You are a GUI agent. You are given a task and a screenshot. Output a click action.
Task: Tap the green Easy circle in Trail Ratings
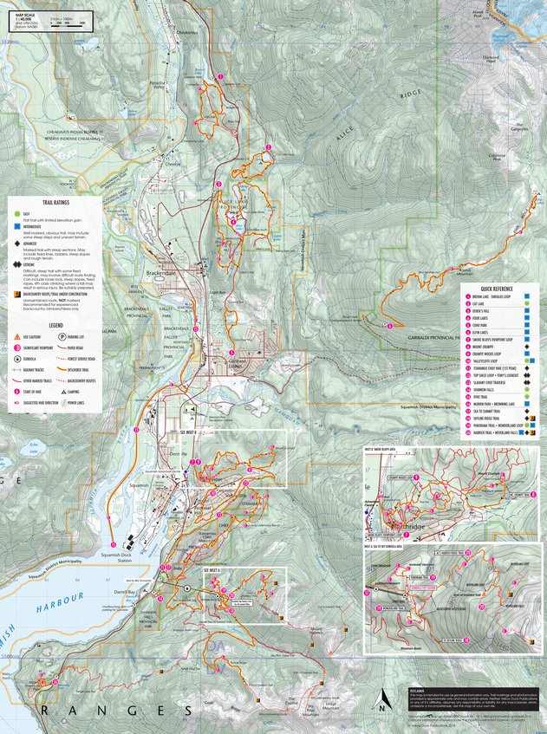[x=16, y=213]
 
